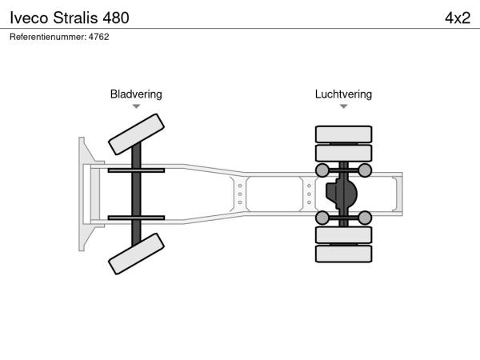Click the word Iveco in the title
click(29, 18)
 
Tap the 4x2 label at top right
click(457, 18)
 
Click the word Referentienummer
click(45, 37)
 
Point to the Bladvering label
click(136, 94)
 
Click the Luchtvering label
click(343, 94)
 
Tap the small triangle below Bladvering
click(136, 106)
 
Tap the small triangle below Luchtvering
click(343, 106)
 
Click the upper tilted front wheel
click(137, 134)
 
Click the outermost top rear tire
click(343, 134)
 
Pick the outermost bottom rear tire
click(343, 254)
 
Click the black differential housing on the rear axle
click(342, 194)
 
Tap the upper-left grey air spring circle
click(322, 170)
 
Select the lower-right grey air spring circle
click(364, 217)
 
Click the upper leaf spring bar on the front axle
click(136, 170)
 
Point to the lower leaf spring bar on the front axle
click(136, 217)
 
